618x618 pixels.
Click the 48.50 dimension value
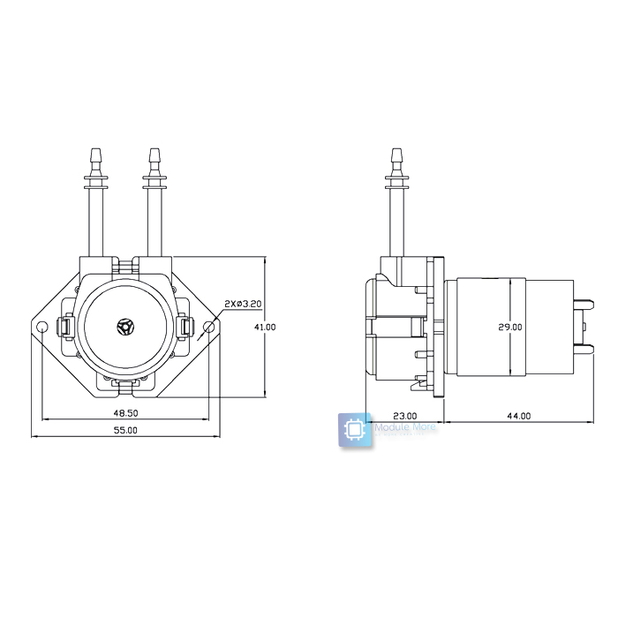pyautogui.click(x=126, y=413)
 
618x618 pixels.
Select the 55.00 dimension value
pyautogui.click(x=126, y=431)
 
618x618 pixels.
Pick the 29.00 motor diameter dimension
pyautogui.click(x=510, y=327)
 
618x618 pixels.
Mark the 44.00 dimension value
pyautogui.click(x=519, y=416)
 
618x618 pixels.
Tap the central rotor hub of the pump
pyautogui.click(x=126, y=327)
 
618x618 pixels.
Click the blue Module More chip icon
pyautogui.click(x=354, y=430)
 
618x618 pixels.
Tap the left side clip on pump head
pyautogui.click(x=65, y=327)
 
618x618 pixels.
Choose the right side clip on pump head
pyautogui.click(x=185, y=327)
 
